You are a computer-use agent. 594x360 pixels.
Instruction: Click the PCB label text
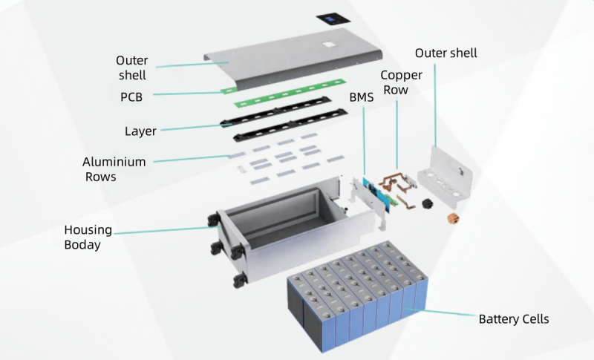pos(131,97)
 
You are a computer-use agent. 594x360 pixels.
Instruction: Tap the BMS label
pos(362,96)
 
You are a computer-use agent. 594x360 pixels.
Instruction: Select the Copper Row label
pos(402,82)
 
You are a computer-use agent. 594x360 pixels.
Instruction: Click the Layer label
pos(140,131)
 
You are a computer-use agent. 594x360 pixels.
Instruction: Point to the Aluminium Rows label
pos(115,168)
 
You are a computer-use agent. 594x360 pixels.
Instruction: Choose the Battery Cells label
pos(513,319)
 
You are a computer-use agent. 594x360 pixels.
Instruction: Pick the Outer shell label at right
pos(446,53)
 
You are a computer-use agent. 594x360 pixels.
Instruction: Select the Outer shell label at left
pos(131,67)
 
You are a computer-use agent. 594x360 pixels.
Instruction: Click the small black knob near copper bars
pos(425,203)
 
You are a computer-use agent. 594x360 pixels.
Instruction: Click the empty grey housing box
pos(282,219)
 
